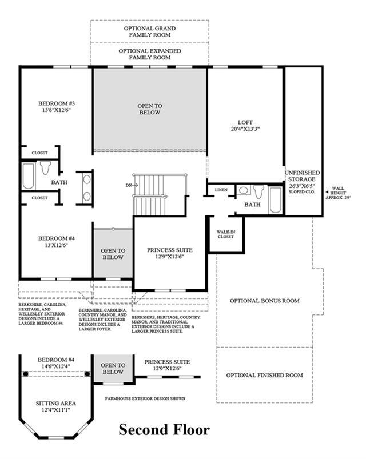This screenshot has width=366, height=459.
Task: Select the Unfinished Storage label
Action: tap(302, 176)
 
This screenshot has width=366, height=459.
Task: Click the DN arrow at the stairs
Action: tap(132, 185)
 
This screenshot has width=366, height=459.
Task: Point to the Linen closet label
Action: tap(221, 190)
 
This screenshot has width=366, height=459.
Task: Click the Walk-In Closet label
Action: tap(226, 234)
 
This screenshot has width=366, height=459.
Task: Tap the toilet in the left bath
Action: tap(45, 167)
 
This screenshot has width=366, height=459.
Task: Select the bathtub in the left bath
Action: tap(29, 176)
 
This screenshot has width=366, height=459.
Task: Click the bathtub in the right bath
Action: tap(275, 200)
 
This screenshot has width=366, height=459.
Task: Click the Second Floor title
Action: tap(164, 430)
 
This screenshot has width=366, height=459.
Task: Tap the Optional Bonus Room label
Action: tap(264, 301)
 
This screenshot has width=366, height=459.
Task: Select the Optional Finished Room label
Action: tap(264, 375)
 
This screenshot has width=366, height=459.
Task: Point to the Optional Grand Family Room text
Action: tap(150, 31)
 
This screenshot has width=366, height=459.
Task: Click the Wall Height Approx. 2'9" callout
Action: tap(338, 193)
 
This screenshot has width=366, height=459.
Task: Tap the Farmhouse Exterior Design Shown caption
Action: tap(145, 398)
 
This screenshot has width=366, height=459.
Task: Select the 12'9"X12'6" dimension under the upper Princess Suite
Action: tap(169, 257)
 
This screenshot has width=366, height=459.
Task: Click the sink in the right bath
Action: tap(243, 190)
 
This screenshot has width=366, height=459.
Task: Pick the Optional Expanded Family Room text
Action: tap(150, 54)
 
